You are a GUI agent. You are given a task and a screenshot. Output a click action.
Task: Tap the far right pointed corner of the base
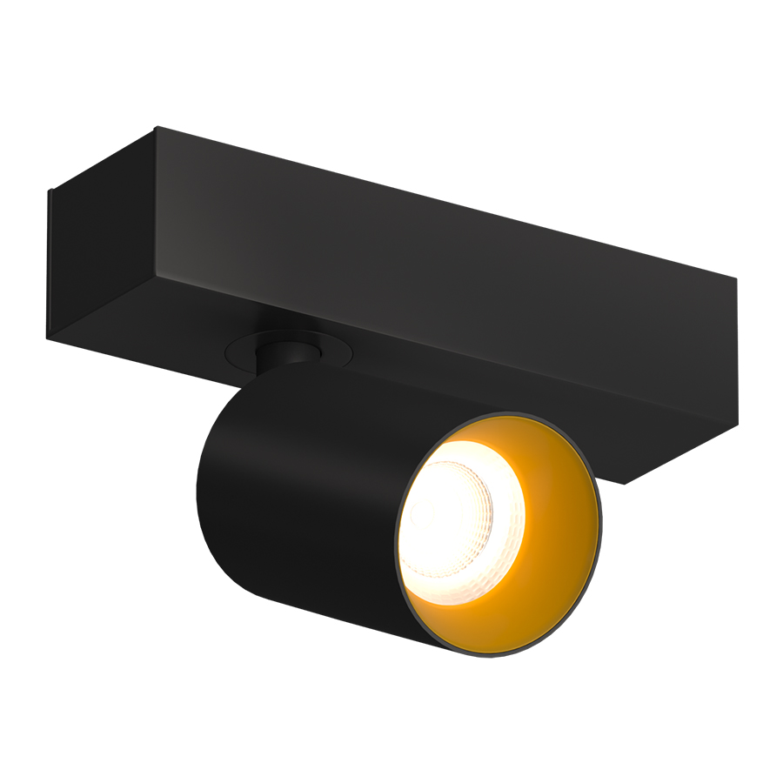737,280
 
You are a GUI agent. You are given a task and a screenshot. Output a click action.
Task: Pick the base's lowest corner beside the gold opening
625,484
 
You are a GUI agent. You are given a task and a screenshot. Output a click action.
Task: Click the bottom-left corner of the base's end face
49,338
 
